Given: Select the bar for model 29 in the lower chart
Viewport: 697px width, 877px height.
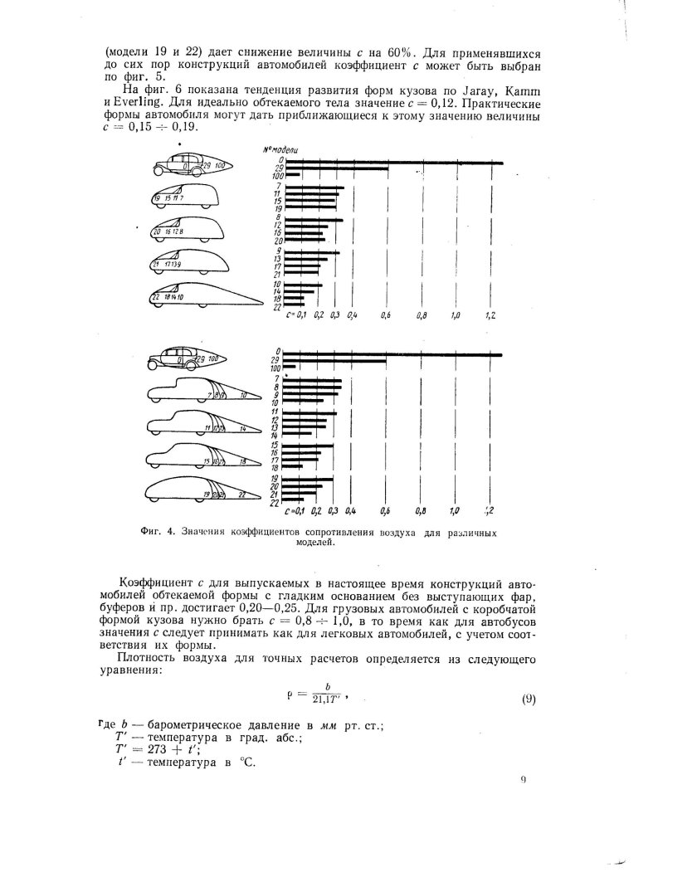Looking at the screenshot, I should pyautogui.click(x=332, y=362).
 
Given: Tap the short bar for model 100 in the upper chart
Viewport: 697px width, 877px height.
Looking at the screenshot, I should pyautogui.click(x=297, y=176).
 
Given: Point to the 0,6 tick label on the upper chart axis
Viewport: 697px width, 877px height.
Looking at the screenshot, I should pyautogui.click(x=387, y=316).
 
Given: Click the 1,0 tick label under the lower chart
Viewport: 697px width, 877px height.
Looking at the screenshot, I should pyautogui.click(x=455, y=511).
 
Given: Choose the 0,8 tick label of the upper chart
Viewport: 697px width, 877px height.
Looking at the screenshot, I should pyautogui.click(x=422, y=316).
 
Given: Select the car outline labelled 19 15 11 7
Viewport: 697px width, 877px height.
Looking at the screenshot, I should pyautogui.click(x=183, y=197).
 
